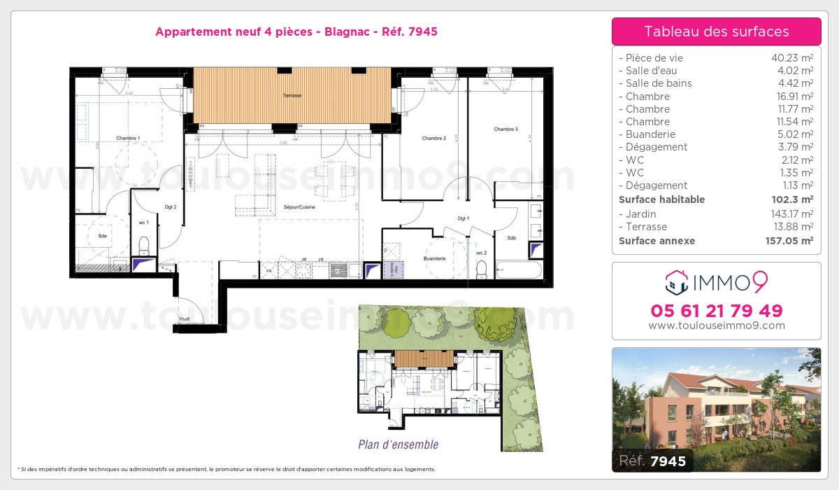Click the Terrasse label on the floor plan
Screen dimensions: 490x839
(292, 95)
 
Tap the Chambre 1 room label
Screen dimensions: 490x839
(128, 139)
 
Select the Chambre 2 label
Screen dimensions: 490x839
(433, 139)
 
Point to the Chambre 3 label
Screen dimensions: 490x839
(505, 129)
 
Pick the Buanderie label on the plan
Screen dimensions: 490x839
(435, 259)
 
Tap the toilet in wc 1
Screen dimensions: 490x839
(145, 246)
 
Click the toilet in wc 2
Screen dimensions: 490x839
(481, 269)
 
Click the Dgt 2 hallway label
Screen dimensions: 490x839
(170, 207)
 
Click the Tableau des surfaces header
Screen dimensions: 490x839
(716, 31)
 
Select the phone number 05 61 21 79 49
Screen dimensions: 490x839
(716, 310)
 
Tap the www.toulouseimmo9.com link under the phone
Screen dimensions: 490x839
(716, 325)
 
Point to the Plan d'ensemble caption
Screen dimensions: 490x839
(398, 444)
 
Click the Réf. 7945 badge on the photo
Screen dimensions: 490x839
(653, 461)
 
